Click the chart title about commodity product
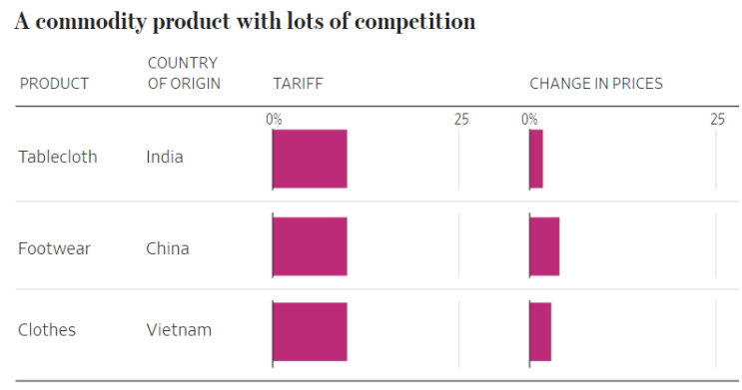(x=245, y=21)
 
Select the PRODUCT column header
(x=54, y=84)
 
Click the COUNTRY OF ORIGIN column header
(x=184, y=74)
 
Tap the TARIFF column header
(x=298, y=84)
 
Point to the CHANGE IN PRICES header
(x=595, y=84)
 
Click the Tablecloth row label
(x=58, y=157)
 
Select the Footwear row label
(x=54, y=248)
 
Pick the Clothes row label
(x=47, y=330)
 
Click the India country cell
(x=165, y=157)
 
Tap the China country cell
(x=167, y=248)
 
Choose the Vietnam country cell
(x=179, y=330)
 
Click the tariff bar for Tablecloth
(x=310, y=159)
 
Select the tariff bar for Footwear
(x=310, y=246)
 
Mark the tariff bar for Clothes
(x=310, y=331)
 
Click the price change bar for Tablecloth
(x=536, y=159)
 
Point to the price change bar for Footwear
(x=544, y=246)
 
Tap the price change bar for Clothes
(x=540, y=331)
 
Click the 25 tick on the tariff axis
(x=461, y=119)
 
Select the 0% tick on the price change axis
(x=529, y=119)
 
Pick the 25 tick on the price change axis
(x=717, y=119)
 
